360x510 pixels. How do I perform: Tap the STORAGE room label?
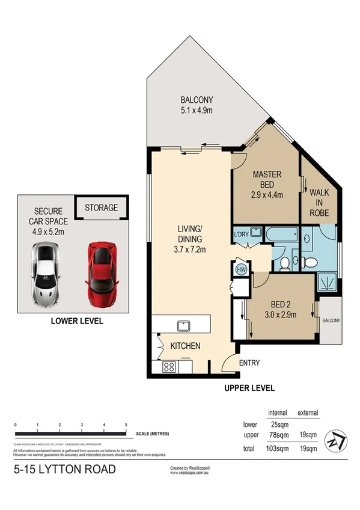pos(101,208)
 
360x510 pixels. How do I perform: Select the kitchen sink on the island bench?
pos(180,325)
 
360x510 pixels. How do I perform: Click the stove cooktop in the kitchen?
pos(167,367)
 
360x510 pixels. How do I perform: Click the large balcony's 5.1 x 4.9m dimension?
pos(197,111)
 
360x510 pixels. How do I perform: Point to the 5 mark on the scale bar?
pos(126,425)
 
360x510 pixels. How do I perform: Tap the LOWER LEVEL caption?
pos(77,322)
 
